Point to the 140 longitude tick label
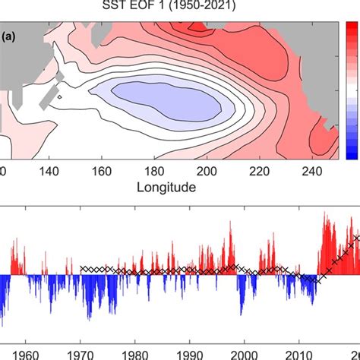point(52,172)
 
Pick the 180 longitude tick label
point(134,172)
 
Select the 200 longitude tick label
point(176,172)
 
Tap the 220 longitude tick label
point(217,172)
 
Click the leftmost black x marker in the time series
point(82,268)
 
